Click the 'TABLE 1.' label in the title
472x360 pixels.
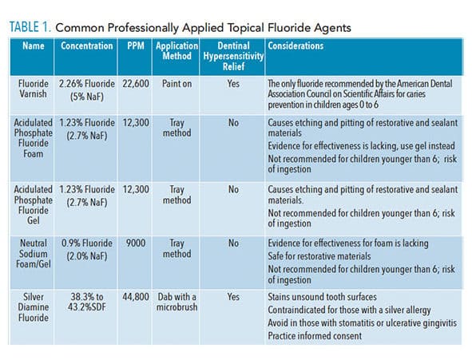30,27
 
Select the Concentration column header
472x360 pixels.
87,45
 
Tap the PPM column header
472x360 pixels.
136,45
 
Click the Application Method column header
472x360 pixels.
177,51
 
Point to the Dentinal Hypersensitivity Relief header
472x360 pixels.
233,56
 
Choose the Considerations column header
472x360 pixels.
295,45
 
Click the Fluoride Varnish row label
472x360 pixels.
33,89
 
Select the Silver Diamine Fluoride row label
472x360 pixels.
33,307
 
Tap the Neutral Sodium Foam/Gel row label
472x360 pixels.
33,254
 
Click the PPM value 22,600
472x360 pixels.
136,84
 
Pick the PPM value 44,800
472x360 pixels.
136,297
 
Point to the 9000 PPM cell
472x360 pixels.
136,243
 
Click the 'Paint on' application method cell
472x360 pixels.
177,84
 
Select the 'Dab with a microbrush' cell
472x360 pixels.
177,302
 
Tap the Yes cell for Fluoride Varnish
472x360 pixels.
233,84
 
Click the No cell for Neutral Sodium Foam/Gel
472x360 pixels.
233,243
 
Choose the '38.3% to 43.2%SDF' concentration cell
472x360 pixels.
87,302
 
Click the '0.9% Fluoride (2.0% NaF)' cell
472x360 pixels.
87,250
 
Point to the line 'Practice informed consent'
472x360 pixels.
315,335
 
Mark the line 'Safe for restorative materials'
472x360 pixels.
319,256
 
